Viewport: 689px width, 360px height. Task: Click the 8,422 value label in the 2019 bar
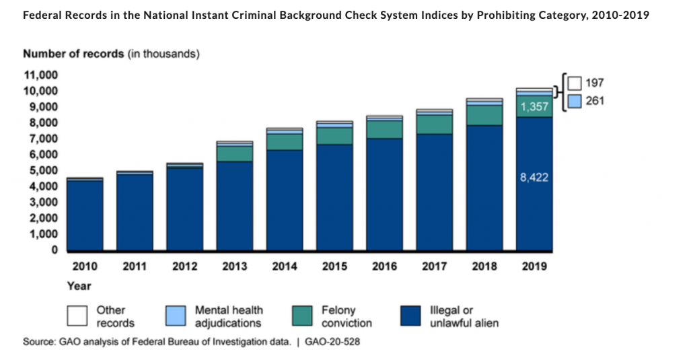(534, 179)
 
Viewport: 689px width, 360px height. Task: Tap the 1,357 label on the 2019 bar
(534, 107)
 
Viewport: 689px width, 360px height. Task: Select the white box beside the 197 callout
(574, 83)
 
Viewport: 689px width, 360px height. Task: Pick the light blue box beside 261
(574, 102)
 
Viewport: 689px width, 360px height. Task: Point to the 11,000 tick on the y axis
(42, 75)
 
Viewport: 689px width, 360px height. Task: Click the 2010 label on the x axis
(85, 266)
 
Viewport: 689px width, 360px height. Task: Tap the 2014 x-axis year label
(285, 266)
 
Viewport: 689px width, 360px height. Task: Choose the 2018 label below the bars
(484, 266)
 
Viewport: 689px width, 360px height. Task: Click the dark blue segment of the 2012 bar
(184, 209)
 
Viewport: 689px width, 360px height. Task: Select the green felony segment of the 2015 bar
(334, 135)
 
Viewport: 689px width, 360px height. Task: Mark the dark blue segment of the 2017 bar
(434, 192)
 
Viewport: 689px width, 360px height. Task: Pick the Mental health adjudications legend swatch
(176, 316)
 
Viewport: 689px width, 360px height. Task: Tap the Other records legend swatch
(78, 316)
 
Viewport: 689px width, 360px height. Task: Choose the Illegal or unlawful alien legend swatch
(412, 316)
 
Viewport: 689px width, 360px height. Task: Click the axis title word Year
(79, 286)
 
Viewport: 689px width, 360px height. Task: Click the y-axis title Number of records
(74, 53)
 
